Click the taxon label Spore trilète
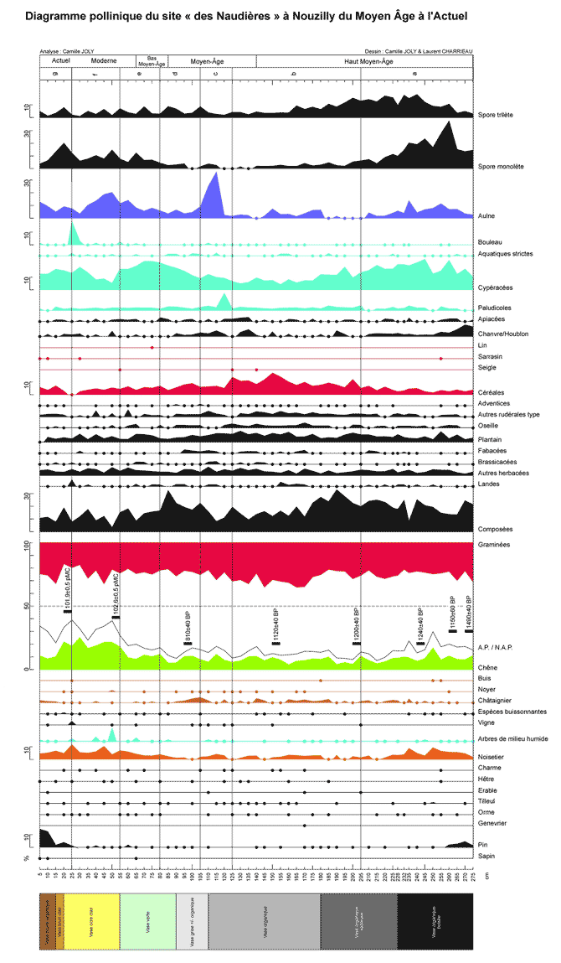coord(494,115)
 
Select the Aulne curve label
coord(485,215)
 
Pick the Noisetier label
coord(492,757)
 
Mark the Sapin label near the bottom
coord(485,856)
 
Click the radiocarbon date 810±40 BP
coord(188,626)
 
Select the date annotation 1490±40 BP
coord(469,612)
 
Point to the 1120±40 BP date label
coord(276,625)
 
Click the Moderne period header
coord(104,61)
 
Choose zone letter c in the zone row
coord(216,74)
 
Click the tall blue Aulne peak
coord(217,176)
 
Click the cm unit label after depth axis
coord(486,876)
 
